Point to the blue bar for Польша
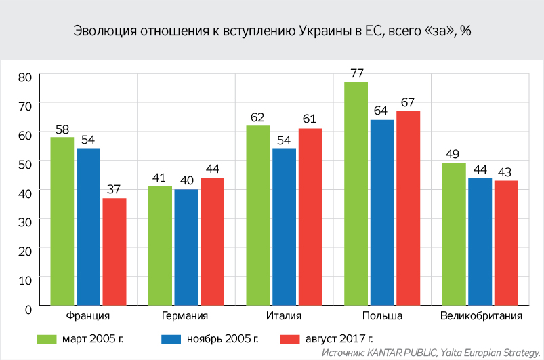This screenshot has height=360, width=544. pos(382,213)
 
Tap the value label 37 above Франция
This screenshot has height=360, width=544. pos(114,188)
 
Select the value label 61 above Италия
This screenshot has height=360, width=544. pos(310,119)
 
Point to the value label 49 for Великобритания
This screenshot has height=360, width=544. pos(453,153)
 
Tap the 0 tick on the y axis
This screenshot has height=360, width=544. pos(28,309)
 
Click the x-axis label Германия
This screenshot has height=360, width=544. pos(186,317)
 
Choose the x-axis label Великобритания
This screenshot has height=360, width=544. pos(480,317)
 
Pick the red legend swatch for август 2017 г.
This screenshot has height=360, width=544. pos(289,337)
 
